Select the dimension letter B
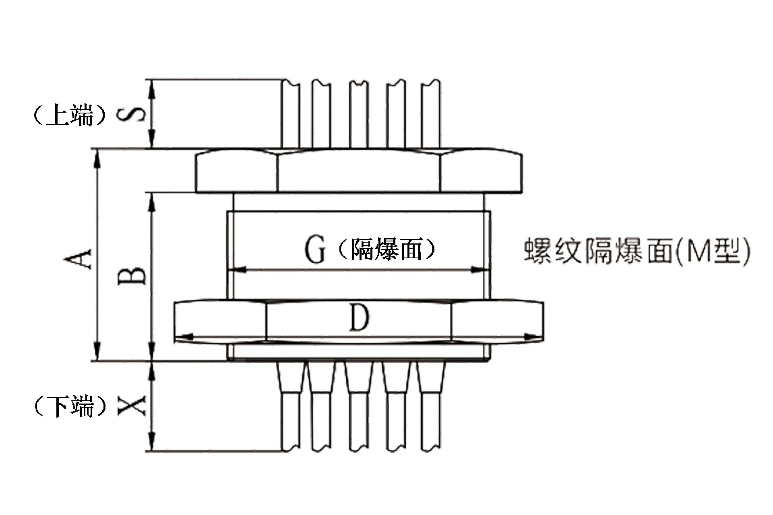132,276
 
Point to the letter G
314,249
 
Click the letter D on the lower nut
359,318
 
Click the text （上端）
70,115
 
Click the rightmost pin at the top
430,115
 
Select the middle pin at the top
358,115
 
